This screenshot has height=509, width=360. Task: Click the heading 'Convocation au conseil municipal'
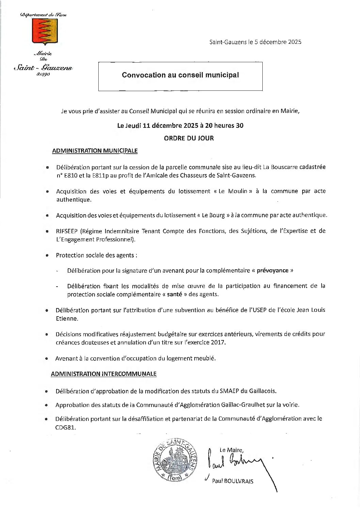coord(180,75)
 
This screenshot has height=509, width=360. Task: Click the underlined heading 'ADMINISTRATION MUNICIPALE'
coord(95,151)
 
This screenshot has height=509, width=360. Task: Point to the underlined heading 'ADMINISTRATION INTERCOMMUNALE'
coord(103,374)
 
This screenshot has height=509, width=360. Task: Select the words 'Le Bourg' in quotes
coord(213,216)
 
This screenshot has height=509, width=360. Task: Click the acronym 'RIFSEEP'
coord(67,231)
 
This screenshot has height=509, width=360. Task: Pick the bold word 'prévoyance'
coord(272,271)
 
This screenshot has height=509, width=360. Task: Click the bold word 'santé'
coord(174,294)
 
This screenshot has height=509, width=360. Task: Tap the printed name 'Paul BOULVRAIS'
coord(232,481)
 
